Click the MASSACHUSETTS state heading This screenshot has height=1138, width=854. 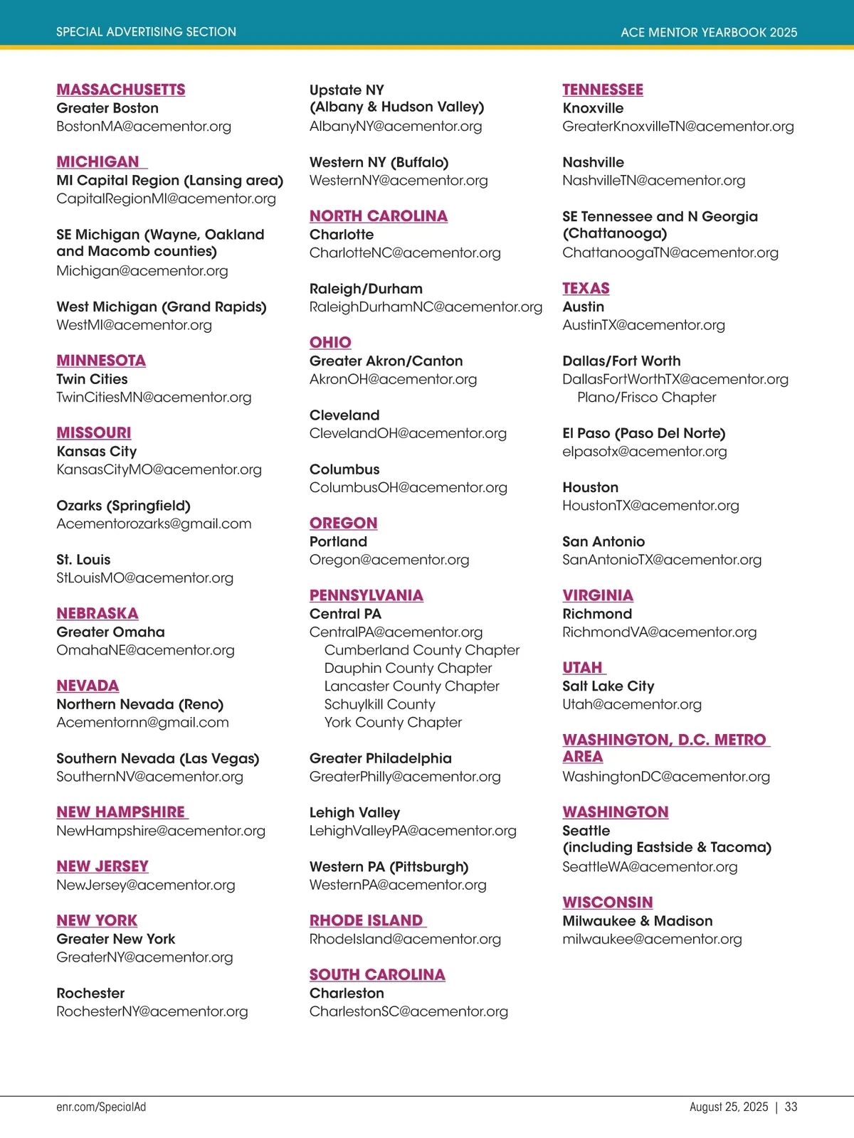[121, 90]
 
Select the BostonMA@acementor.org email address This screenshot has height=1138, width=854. [144, 127]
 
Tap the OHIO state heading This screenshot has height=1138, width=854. [330, 343]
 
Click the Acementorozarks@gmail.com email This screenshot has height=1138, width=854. [154, 524]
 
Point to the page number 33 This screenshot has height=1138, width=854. [791, 1107]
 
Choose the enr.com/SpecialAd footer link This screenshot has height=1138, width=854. [101, 1107]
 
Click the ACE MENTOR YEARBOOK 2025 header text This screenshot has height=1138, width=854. [709, 32]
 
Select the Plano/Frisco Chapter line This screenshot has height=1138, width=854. [646, 398]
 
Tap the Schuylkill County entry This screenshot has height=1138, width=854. [379, 705]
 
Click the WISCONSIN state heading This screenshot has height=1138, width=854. [607, 903]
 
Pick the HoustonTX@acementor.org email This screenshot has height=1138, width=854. [650, 506]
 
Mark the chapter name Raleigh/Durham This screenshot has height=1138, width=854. [366, 289]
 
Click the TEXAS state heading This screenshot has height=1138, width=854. [586, 289]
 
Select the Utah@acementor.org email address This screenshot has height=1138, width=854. [632, 705]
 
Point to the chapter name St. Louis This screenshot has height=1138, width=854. [83, 560]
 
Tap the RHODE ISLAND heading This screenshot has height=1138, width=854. [367, 921]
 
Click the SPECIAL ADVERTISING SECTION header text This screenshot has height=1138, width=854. [146, 32]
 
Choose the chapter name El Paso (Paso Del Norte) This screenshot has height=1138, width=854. [643, 433]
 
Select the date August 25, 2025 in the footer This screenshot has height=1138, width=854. [729, 1107]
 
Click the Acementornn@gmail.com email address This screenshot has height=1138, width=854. [142, 723]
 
